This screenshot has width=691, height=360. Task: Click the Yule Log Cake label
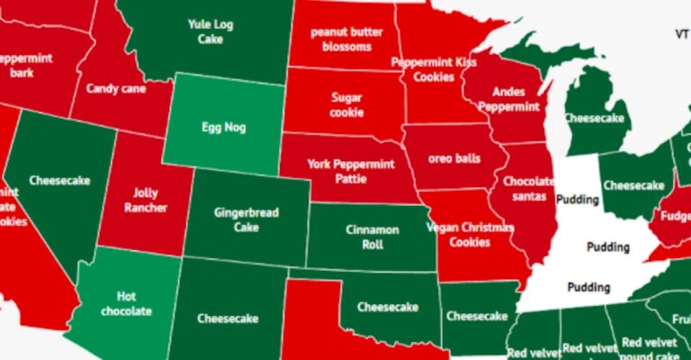(x=211, y=31)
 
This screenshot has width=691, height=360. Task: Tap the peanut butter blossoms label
(x=341, y=39)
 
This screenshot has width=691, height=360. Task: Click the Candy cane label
(x=116, y=89)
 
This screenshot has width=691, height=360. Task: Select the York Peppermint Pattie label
(x=345, y=171)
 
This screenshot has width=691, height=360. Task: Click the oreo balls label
(x=454, y=158)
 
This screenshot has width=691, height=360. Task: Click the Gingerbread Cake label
(x=246, y=220)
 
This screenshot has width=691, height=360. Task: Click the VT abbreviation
(x=681, y=33)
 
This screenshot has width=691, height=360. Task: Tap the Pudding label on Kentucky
(x=608, y=246)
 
